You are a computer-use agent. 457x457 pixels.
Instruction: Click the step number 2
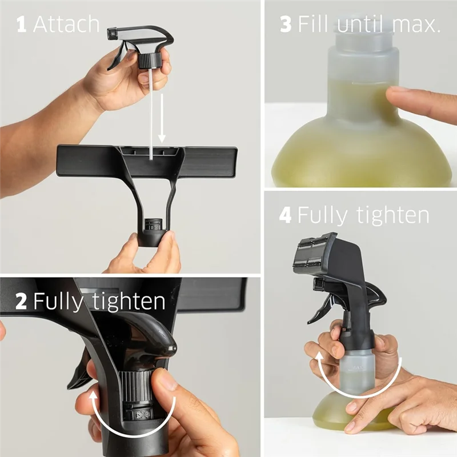point(21,301)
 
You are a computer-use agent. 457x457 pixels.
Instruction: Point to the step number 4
point(285,215)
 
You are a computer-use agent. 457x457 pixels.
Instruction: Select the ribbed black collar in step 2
point(138,385)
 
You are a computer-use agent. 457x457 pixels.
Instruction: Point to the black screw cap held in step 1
point(149,59)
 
